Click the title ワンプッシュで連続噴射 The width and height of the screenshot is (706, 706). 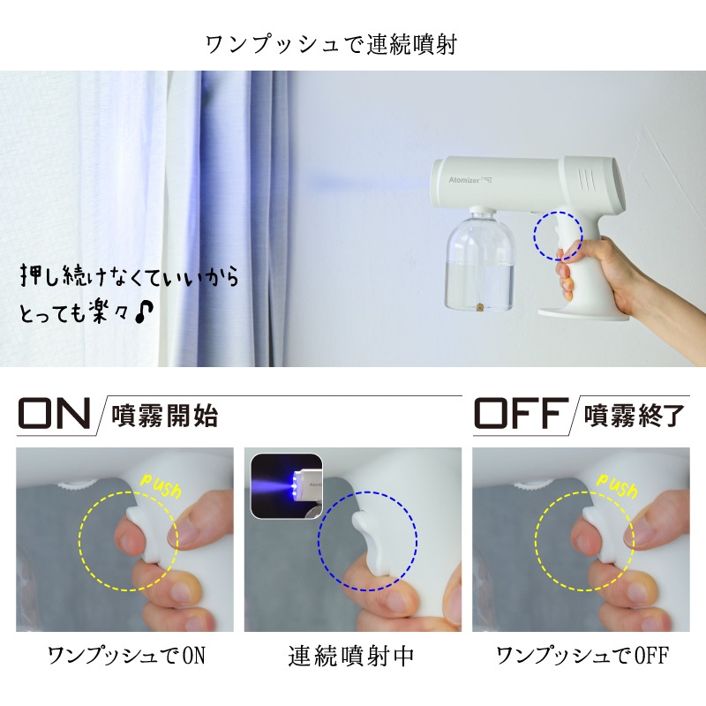332,45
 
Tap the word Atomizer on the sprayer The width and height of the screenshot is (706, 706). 464,180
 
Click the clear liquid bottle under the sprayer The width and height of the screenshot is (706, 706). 480,260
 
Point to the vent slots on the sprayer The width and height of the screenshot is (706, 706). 586,179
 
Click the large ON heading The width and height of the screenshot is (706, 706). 54,413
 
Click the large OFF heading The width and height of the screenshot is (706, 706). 522,413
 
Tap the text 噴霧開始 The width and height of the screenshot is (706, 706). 165,416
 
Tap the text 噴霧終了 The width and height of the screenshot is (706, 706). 634,416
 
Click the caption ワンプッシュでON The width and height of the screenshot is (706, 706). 126,656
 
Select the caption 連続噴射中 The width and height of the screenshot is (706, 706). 350,656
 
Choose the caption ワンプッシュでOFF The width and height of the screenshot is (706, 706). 582,656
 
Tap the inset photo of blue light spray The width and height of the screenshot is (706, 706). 286,486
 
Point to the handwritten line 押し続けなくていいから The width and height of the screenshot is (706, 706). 129,275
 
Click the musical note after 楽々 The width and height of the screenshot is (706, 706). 144,312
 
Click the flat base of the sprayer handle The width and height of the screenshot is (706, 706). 583,314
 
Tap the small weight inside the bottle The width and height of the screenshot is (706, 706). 479,308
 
